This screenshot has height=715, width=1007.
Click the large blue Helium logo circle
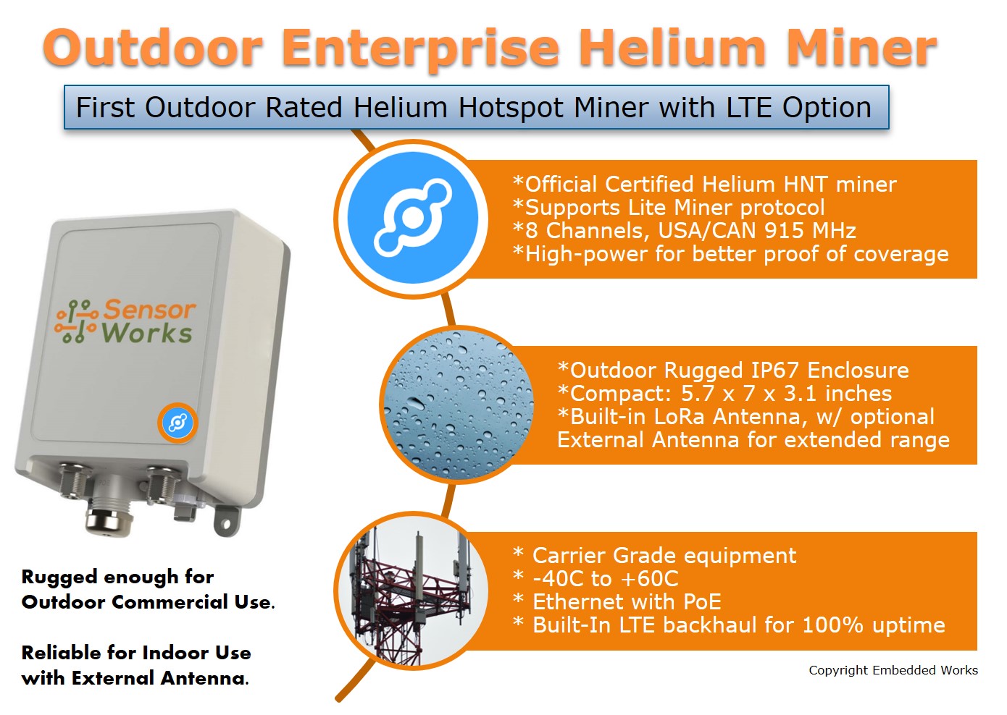coord(412,217)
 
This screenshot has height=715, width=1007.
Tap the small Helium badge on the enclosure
coord(177,422)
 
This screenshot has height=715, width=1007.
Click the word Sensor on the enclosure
coord(149,310)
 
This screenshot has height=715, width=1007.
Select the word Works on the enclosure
coord(147,334)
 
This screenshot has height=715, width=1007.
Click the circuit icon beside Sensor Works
coord(77,321)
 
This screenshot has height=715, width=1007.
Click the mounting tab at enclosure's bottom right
coord(226,519)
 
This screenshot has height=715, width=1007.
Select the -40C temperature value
coord(559,579)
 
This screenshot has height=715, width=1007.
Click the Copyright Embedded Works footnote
coord(893,670)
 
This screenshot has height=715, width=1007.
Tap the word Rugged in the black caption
coord(59,577)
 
